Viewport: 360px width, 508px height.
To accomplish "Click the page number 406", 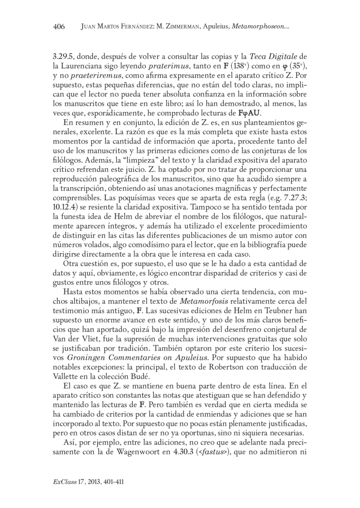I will [59, 27].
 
